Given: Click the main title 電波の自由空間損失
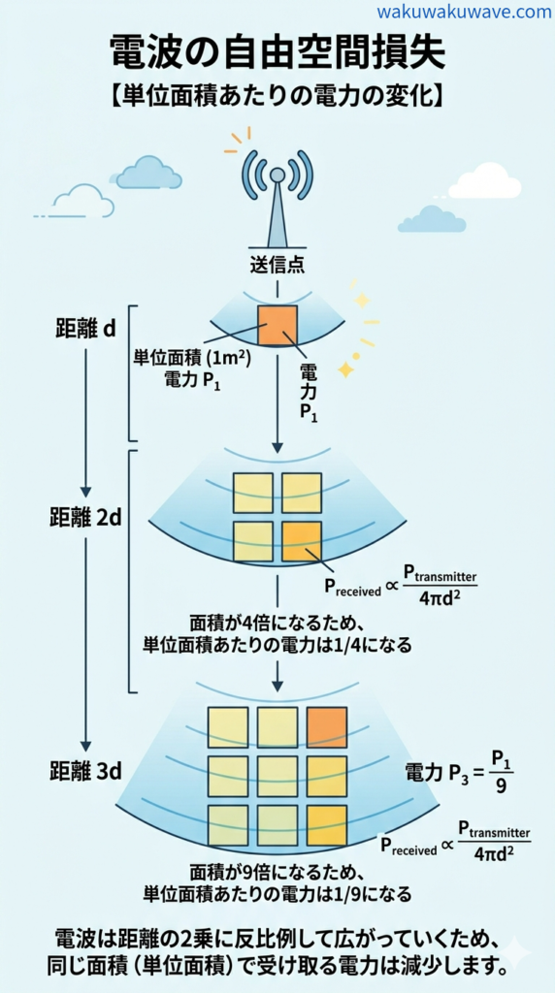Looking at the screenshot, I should pyautogui.click(x=277, y=52).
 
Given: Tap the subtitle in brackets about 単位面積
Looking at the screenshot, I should pyautogui.click(x=277, y=95).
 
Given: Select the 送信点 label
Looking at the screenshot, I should pyautogui.click(x=277, y=265).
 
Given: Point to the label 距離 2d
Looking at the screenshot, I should pyautogui.click(x=87, y=517).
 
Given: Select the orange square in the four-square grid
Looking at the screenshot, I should pyautogui.click(x=302, y=541).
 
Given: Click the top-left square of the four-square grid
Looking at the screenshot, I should pyautogui.click(x=253, y=493).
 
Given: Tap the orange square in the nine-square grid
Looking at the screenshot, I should pyautogui.click(x=326, y=727).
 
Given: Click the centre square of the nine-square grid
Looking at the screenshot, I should pyautogui.click(x=277, y=776).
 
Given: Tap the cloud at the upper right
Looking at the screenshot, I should pyautogui.click(x=484, y=181).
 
